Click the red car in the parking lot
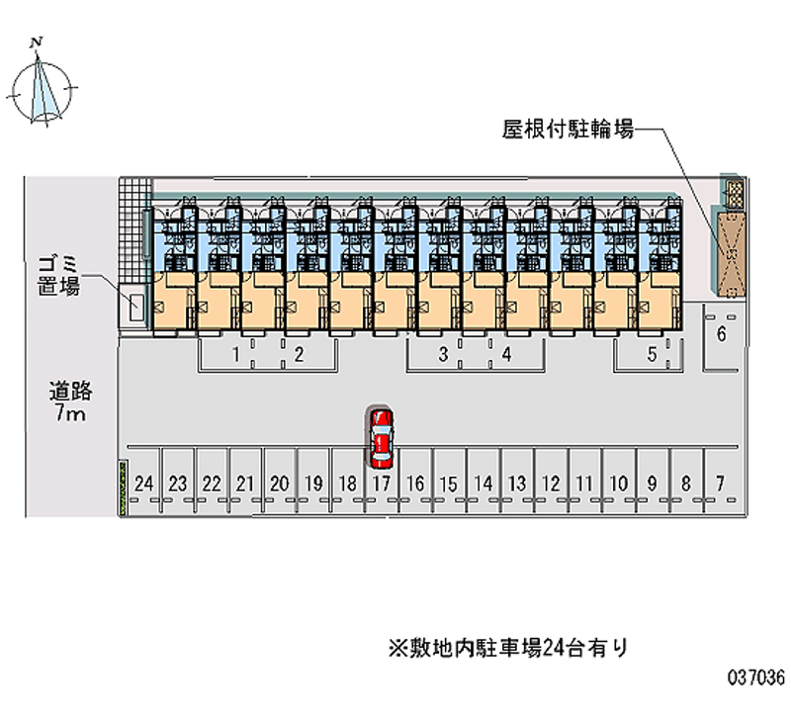(x=382, y=438)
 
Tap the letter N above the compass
(x=37, y=43)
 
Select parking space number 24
(x=143, y=484)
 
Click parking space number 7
(x=721, y=484)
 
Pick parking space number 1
(x=235, y=354)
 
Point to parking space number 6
(x=722, y=333)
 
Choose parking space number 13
(x=517, y=484)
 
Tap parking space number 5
(x=653, y=354)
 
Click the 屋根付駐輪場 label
(x=568, y=130)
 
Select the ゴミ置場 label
(x=59, y=276)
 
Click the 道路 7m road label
(x=70, y=402)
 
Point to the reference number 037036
(x=755, y=677)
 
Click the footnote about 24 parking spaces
(x=508, y=648)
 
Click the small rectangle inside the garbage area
(x=136, y=307)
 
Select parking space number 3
(x=443, y=354)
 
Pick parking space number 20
(x=280, y=484)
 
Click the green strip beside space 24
(x=123, y=488)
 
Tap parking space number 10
(x=619, y=484)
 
